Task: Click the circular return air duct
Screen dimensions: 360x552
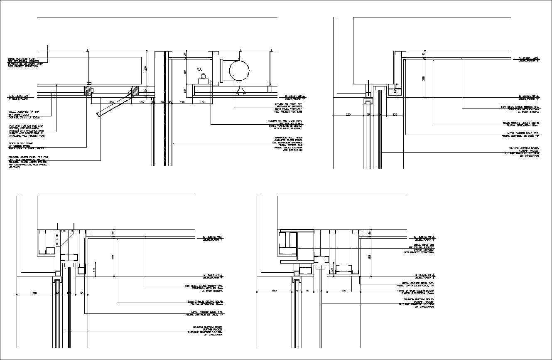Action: coord(239,71)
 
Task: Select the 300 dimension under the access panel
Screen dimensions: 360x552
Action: coord(111,102)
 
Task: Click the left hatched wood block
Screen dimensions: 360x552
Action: coord(88,90)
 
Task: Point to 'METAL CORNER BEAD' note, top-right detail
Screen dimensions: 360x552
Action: coord(520,135)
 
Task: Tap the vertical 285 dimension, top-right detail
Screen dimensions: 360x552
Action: coord(423,78)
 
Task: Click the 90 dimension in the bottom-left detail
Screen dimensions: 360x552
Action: coord(81,293)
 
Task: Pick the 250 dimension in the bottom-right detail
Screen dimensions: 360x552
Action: coord(343,291)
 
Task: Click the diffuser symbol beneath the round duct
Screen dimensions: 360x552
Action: coord(240,90)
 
